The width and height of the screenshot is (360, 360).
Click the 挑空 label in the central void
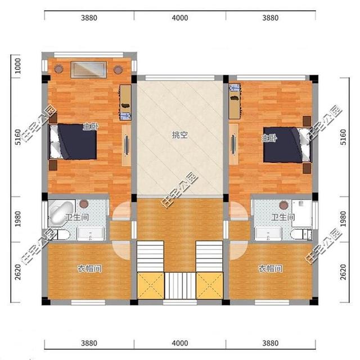point(180,135)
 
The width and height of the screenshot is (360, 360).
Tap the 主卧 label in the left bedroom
point(91,127)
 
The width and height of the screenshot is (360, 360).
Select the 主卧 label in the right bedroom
point(269,138)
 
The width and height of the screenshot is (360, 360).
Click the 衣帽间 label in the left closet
point(89,268)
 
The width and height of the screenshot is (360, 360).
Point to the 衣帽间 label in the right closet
point(271,268)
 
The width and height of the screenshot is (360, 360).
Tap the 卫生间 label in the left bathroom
point(77,217)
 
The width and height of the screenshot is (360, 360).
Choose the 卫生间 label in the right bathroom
point(283,217)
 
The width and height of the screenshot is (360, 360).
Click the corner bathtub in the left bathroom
point(61,213)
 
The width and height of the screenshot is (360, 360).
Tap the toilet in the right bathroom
point(301,235)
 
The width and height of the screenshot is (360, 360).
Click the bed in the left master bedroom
point(73,142)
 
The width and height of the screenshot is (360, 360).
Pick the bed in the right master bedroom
point(287,145)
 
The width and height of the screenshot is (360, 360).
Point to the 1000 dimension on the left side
point(17,66)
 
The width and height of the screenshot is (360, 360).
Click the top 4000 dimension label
point(180,18)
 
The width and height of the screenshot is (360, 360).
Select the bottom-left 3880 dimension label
point(89,343)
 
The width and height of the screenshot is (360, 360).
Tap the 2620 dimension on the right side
point(343,272)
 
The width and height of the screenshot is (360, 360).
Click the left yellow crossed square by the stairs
point(151,286)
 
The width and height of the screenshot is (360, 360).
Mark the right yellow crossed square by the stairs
point(210,286)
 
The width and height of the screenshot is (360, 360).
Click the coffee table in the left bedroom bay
point(89,70)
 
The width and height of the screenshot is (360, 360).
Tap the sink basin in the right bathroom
point(268,234)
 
